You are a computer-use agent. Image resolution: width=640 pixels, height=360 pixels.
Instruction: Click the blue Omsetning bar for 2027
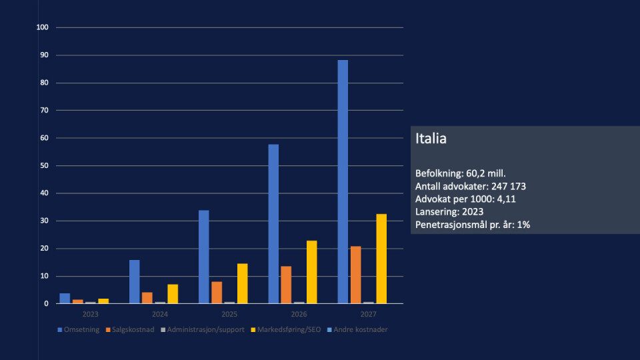click(343, 181)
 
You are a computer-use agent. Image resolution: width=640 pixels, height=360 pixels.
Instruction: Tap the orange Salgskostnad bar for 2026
click(286, 285)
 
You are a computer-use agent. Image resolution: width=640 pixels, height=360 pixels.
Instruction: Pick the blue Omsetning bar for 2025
click(203, 257)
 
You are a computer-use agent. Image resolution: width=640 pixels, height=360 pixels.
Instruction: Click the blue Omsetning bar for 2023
click(65, 299)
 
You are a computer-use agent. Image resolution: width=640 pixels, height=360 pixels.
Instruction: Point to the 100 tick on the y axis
click(43, 27)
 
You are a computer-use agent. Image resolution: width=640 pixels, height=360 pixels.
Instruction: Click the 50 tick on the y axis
click(45, 165)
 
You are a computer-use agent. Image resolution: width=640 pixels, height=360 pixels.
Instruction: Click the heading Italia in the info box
click(431, 139)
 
